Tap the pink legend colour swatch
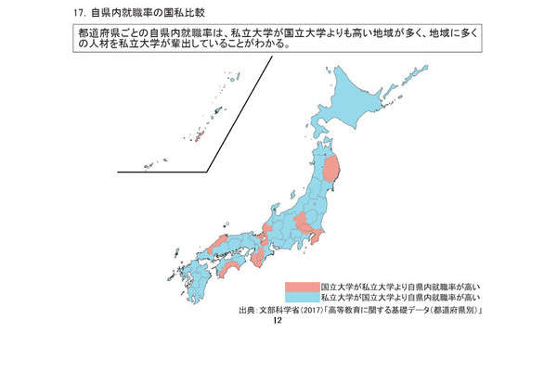point(302,288)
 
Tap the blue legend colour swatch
point(302,298)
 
